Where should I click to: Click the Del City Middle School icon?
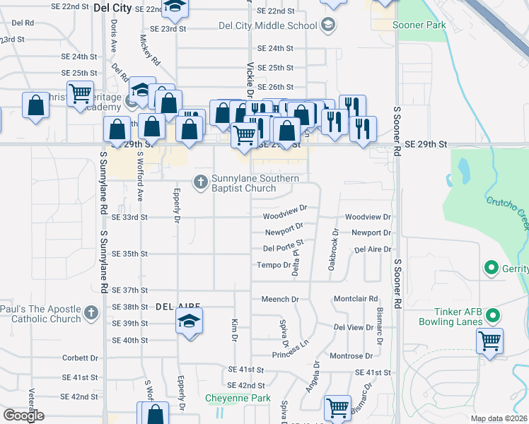pos(327,26)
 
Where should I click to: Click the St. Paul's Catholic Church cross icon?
pos(91,313)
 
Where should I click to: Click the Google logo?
pos(24,416)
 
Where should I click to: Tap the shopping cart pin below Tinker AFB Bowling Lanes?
pos(489,341)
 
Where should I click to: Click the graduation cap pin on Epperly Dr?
pos(189,322)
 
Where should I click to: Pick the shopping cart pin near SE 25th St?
pos(81,93)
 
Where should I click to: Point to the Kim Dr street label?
pos(234,329)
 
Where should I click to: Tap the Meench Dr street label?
pos(281,300)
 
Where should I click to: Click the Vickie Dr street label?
pos(250,78)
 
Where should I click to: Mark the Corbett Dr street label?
pos(79,358)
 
